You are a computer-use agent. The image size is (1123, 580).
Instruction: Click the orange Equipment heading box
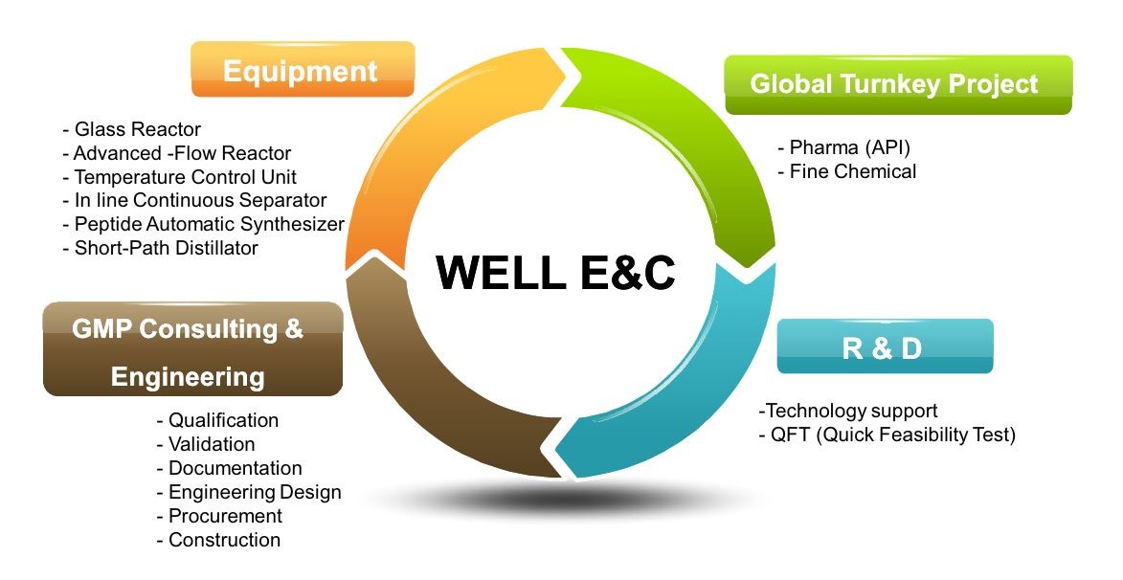[303, 70]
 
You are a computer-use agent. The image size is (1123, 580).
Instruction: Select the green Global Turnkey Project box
[898, 84]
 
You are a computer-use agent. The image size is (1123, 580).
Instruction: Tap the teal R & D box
[885, 346]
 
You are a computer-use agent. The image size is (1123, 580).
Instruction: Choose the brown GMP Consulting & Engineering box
[192, 349]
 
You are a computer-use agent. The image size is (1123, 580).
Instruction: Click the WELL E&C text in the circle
[556, 272]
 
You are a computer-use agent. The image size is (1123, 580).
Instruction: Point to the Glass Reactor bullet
[132, 129]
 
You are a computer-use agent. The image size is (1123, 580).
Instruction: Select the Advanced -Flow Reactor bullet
[177, 153]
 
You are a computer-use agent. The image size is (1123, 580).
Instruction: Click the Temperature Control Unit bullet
[179, 177]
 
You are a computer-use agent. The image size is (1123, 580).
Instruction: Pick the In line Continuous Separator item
[194, 200]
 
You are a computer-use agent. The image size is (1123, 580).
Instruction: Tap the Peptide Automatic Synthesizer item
[203, 224]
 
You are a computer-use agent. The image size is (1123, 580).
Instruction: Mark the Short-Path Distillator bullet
[161, 248]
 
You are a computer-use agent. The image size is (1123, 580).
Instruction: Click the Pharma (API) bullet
[843, 147]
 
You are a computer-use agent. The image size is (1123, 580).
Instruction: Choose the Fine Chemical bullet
[846, 172]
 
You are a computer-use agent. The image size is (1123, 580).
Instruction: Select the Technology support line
[848, 411]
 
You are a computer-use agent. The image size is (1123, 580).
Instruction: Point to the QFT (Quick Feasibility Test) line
[887, 435]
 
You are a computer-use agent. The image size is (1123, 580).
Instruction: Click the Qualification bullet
[217, 420]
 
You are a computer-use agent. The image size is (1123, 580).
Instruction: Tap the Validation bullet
[206, 444]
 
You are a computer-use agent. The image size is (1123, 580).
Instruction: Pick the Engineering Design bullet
[249, 492]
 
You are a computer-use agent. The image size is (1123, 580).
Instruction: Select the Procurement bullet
[219, 516]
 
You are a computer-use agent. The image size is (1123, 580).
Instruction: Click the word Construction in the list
[224, 540]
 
